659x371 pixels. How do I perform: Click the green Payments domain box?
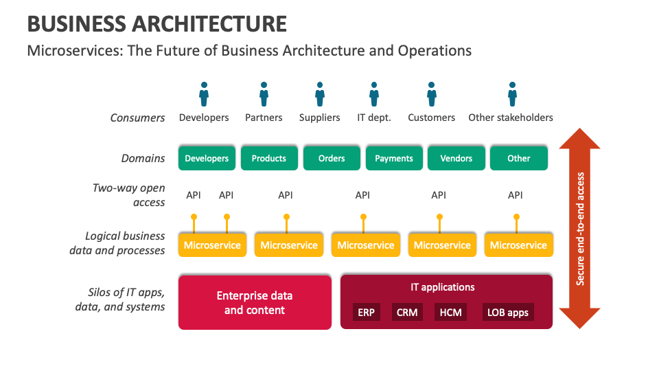(x=394, y=158)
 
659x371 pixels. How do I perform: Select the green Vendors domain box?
(x=456, y=158)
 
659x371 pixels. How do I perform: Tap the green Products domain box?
(x=269, y=158)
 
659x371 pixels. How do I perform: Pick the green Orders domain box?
(x=332, y=158)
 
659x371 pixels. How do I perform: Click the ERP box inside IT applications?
(x=365, y=313)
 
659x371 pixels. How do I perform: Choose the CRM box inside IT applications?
(x=406, y=313)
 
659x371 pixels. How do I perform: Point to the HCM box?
(x=450, y=313)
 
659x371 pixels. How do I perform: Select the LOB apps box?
(x=508, y=313)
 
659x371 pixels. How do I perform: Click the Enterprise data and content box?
(x=255, y=302)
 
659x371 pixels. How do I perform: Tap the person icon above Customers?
(x=431, y=94)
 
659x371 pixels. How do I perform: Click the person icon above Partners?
(x=264, y=94)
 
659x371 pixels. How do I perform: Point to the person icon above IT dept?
(x=374, y=94)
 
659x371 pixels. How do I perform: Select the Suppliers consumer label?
(x=319, y=117)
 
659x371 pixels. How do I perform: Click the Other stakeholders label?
(x=511, y=117)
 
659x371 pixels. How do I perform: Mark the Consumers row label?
(x=138, y=117)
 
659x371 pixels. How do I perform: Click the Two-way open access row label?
(x=129, y=194)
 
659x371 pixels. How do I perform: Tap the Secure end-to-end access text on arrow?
(x=580, y=228)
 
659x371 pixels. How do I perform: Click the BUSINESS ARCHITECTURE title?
(x=157, y=24)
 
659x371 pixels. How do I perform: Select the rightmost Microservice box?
(x=518, y=245)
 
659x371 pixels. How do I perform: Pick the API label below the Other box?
(x=516, y=195)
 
